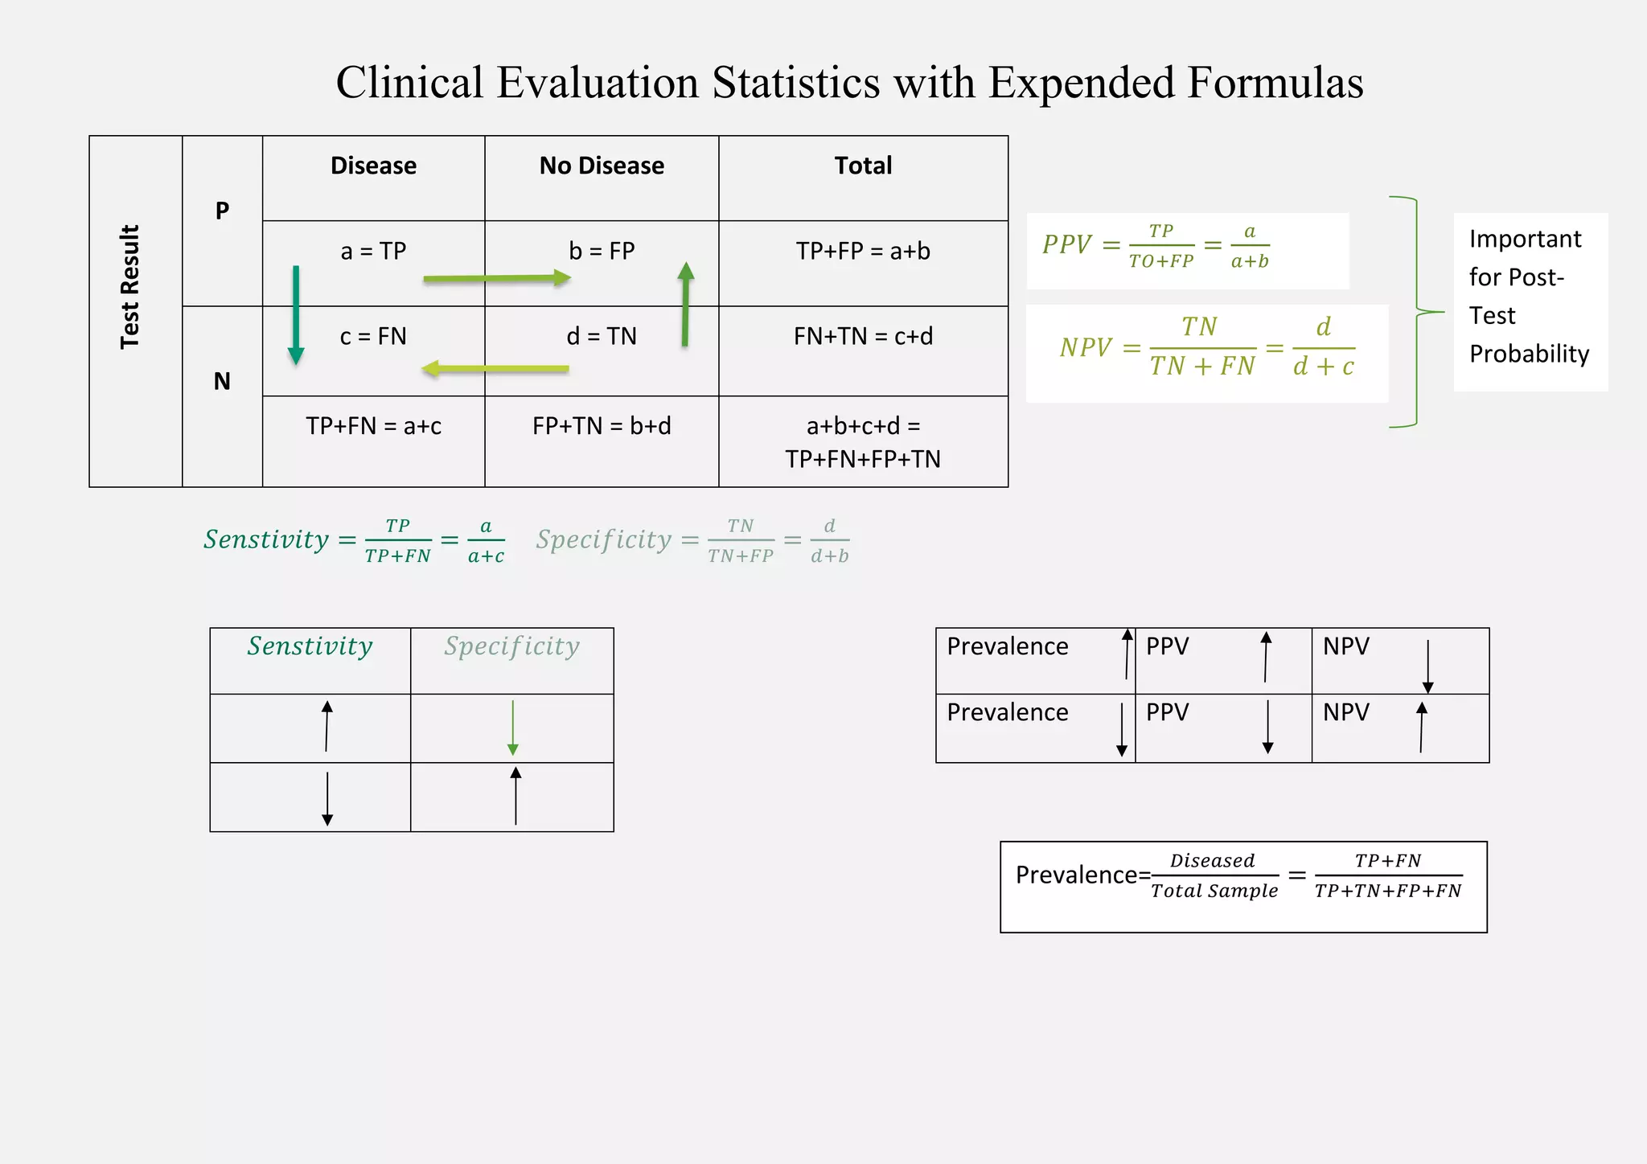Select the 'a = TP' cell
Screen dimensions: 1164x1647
[373, 251]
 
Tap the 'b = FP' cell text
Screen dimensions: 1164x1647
[602, 251]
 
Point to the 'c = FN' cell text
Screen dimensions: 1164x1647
[373, 336]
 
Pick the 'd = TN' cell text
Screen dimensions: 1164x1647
[602, 336]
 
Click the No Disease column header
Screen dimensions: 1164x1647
[602, 166]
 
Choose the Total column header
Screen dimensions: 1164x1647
[863, 166]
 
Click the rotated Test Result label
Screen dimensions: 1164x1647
[130, 287]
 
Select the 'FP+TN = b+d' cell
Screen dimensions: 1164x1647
[602, 426]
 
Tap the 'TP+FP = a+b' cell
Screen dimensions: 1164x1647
[863, 251]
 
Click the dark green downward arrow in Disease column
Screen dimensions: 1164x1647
[296, 314]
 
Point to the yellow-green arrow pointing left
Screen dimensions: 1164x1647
[495, 369]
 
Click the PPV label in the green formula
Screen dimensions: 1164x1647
[1066, 244]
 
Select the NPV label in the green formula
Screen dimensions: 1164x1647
[1085, 348]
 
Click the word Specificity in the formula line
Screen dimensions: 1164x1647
[604, 539]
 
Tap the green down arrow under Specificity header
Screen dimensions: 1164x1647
[513, 727]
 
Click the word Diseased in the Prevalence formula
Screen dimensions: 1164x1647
[1212, 861]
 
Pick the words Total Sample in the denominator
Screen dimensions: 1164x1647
[1214, 891]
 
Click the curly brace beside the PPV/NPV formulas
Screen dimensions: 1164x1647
[1417, 312]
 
